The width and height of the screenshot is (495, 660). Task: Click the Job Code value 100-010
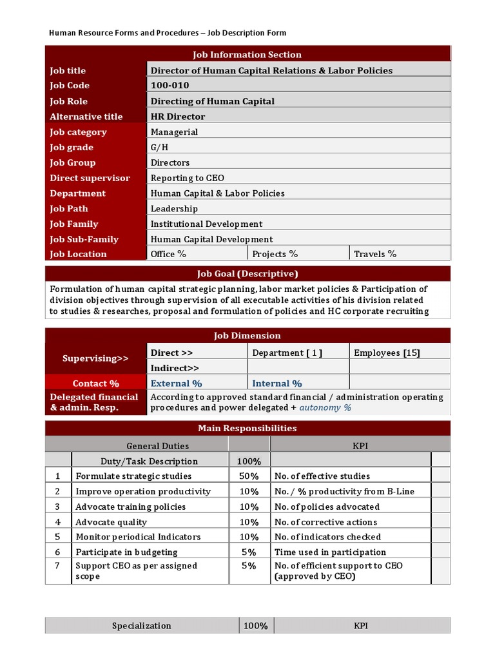[x=170, y=86]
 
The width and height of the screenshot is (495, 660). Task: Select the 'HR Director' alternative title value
[x=178, y=117]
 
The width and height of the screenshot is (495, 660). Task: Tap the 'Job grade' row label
[x=72, y=148]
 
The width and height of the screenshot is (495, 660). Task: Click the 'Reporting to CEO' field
[x=188, y=179]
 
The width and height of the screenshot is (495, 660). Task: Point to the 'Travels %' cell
[x=375, y=254]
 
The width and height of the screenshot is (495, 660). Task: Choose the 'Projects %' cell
[x=275, y=254]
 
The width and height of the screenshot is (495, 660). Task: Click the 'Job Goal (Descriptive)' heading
[x=247, y=274]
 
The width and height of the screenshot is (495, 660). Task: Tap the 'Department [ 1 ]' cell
[x=287, y=353]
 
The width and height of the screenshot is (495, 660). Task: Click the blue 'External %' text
[x=176, y=383]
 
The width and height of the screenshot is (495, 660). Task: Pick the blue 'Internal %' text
[x=277, y=383]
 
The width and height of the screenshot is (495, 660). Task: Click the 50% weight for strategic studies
[x=249, y=476]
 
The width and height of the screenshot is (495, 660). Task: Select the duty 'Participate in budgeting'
[x=126, y=552]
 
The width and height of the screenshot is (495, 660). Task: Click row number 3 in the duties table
[x=57, y=507]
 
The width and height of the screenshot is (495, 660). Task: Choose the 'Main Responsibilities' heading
[x=247, y=429]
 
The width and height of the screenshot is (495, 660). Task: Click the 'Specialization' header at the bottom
[x=142, y=626]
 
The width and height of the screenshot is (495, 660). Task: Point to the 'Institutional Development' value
[x=206, y=224]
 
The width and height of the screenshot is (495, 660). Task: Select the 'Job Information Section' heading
[x=247, y=55]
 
